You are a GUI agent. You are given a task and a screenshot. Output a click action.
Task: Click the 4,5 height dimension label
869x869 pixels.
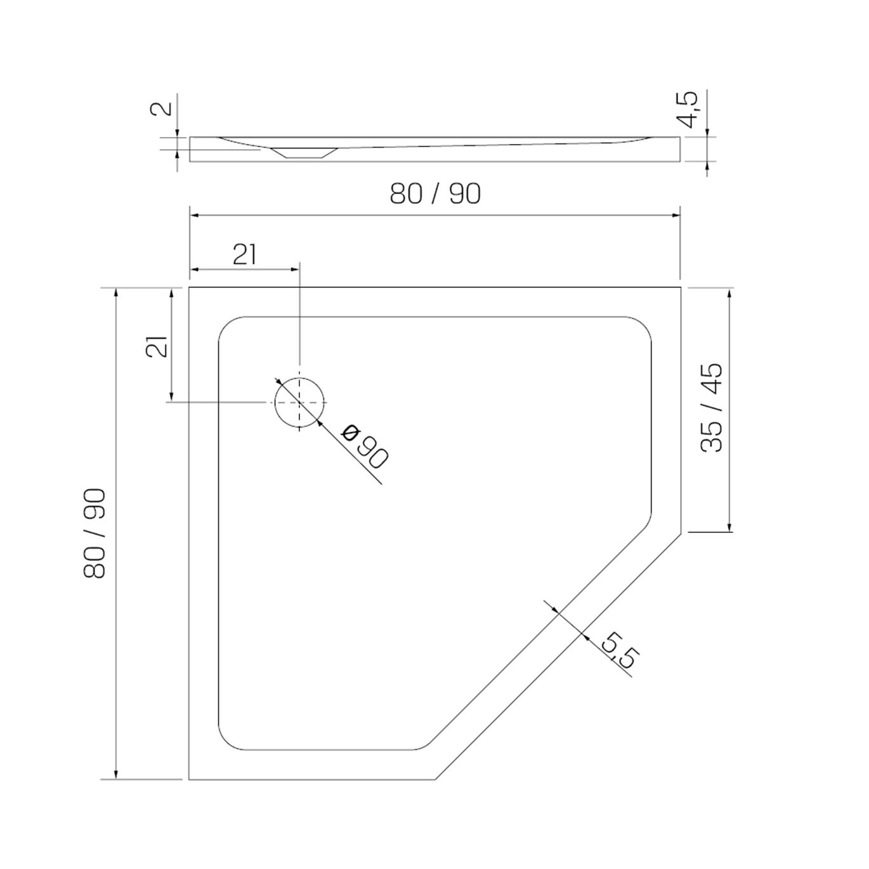(687, 110)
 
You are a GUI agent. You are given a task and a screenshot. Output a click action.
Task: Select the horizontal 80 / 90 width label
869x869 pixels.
(435, 194)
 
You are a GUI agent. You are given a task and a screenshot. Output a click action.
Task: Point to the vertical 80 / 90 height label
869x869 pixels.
(95, 533)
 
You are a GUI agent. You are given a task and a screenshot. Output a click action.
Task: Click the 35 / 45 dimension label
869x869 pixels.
(712, 407)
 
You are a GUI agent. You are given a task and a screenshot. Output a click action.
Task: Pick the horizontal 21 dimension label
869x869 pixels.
(245, 255)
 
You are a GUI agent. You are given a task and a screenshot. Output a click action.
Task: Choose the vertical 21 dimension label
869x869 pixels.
(157, 347)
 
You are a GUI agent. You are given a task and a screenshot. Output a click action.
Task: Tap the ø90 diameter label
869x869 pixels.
(364, 446)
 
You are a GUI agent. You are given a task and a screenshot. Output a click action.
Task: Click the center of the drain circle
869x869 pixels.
(299, 402)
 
